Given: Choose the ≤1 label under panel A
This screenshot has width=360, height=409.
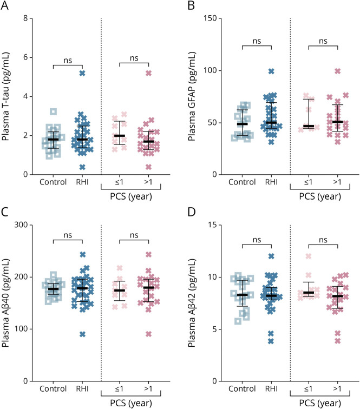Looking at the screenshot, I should pos(120,182).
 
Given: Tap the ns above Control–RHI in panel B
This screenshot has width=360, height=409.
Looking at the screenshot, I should pos(257,40).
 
